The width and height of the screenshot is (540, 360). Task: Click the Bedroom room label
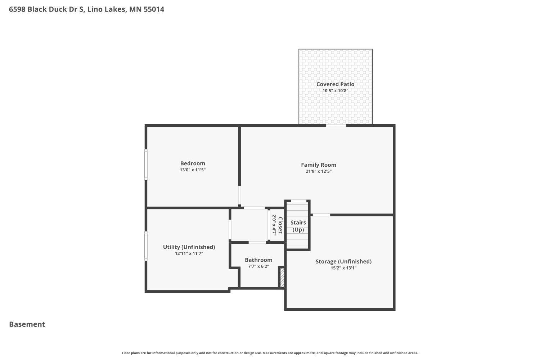coord(193,163)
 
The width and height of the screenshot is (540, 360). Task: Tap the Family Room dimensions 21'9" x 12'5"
coord(319,171)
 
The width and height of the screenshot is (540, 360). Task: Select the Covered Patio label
coord(335,84)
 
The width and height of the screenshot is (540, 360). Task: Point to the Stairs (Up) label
coord(298,226)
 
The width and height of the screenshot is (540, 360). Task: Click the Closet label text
coord(280,225)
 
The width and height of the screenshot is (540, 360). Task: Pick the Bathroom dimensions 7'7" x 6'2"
coord(258,266)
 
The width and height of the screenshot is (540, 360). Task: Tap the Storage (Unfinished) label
coord(343,261)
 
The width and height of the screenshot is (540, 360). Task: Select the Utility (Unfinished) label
coord(189,247)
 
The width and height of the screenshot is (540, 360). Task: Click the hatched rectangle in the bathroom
coord(282,278)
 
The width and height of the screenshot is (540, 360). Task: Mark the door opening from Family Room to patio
coord(336,125)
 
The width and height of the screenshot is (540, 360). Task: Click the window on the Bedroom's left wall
coord(146,165)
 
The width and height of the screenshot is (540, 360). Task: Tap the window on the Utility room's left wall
coord(146,246)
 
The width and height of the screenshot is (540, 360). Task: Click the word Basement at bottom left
coord(27,324)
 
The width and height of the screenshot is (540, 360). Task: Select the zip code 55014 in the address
coord(154,9)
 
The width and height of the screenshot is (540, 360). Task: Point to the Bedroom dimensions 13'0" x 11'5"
coord(193,170)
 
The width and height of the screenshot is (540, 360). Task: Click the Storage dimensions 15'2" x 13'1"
coord(343,268)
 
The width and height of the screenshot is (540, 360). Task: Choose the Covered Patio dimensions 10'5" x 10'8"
coord(335,91)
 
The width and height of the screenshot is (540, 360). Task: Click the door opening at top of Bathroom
coord(257,243)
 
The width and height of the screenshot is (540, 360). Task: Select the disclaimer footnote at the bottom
coord(270,353)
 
